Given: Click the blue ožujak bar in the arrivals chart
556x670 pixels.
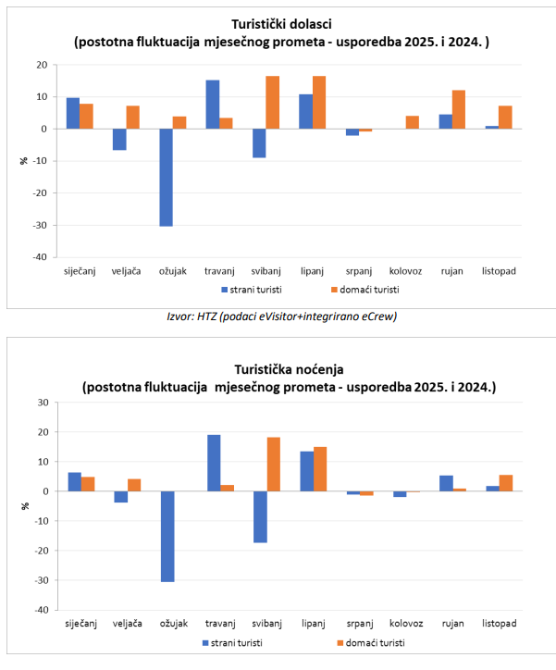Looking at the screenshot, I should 166,177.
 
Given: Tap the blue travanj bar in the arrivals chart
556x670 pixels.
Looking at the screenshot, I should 213,105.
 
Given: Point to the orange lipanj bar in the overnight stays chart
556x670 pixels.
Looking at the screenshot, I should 321,469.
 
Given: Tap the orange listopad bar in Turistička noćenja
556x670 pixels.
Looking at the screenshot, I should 506,483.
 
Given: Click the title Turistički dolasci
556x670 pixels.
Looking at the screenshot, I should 281,25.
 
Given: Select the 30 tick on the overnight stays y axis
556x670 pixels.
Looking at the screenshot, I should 42,403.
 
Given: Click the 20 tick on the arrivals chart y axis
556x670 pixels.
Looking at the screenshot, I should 42,65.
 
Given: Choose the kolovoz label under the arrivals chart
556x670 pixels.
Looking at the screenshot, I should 405,270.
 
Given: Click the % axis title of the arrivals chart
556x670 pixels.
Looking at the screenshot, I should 24,161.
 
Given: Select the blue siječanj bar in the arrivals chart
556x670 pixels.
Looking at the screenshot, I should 73,113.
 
